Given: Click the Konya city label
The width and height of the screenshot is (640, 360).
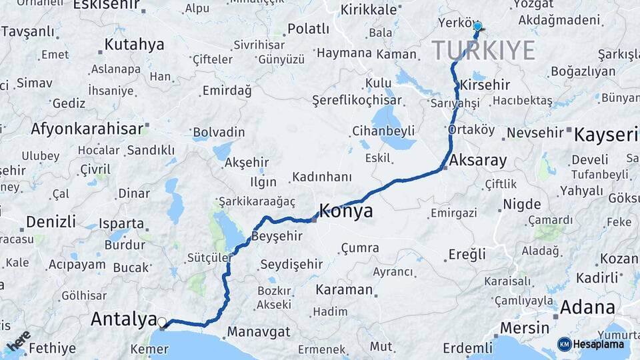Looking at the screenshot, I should (346, 211).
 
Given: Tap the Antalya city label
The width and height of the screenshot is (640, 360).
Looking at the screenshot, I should (123, 319).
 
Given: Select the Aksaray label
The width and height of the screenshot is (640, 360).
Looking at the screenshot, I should (478, 161).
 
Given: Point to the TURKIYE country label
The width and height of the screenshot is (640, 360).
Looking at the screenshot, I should (483, 51).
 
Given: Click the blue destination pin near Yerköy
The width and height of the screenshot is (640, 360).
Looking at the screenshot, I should (477, 28).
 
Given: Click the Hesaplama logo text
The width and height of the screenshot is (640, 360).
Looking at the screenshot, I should (599, 344).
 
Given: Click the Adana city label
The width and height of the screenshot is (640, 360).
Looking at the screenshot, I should (587, 308).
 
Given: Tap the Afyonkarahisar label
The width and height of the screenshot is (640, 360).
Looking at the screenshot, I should (87, 129).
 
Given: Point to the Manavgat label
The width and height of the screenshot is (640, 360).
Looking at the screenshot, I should (259, 331).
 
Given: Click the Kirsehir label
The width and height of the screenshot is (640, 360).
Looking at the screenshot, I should (485, 85).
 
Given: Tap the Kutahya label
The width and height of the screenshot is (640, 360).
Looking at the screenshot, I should (134, 45).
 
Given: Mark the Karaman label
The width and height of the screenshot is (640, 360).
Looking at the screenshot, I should (344, 290).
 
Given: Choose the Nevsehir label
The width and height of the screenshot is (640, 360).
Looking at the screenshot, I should (535, 133).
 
